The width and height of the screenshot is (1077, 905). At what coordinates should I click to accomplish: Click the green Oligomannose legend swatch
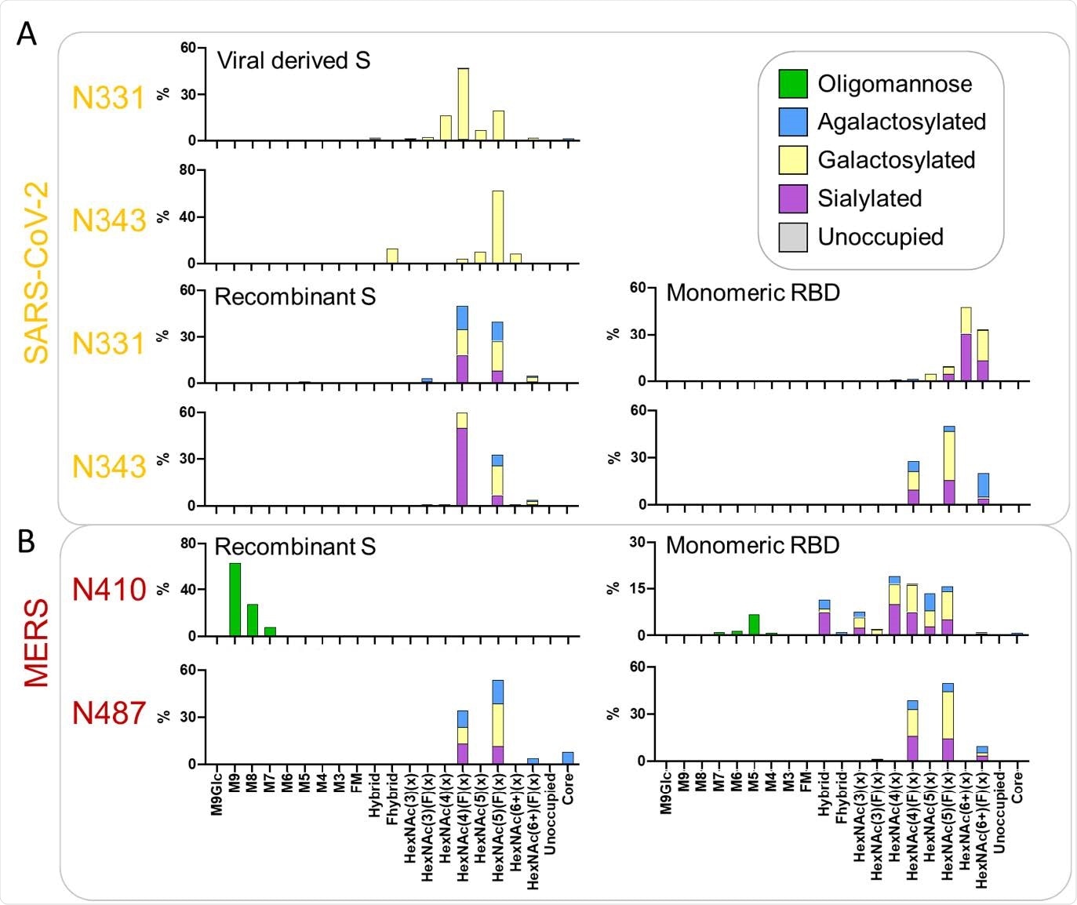click(792, 84)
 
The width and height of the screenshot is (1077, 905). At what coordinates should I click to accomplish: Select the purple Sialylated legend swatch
click(792, 198)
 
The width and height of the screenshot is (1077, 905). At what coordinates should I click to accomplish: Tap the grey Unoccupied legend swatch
click(792, 237)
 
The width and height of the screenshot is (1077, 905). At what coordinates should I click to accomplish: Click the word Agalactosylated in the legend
click(901, 122)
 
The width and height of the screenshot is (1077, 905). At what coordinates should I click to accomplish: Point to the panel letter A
click(26, 35)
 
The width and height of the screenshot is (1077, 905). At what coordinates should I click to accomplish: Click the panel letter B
click(26, 541)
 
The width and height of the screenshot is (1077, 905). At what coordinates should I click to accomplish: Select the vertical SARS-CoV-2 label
click(36, 273)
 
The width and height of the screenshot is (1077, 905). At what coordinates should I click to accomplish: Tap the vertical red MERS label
click(36, 643)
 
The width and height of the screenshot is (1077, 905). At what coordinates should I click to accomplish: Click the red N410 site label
click(109, 590)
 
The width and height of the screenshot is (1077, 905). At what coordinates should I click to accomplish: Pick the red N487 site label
click(109, 713)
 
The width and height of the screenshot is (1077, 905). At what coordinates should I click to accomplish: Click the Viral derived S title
click(293, 60)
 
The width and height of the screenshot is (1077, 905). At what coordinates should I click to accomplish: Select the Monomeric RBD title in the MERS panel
click(752, 545)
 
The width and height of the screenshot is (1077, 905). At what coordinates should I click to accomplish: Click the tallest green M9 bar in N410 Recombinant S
click(235, 599)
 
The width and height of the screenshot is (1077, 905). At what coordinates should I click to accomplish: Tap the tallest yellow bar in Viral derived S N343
click(497, 227)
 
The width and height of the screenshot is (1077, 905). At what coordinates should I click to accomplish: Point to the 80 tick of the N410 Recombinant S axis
click(188, 543)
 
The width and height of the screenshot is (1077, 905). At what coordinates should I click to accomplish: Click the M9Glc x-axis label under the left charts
click(217, 794)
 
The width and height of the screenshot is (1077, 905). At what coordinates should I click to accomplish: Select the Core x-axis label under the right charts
click(1017, 787)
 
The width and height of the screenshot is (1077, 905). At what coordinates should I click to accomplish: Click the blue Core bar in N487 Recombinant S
click(568, 758)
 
